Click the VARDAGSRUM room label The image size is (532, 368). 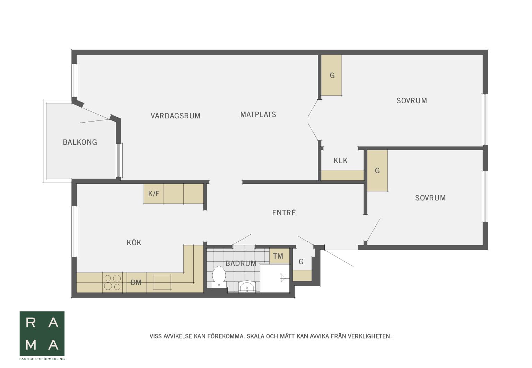(x=175, y=116)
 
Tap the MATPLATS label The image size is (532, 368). (x=258, y=115)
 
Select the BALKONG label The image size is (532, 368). (x=80, y=142)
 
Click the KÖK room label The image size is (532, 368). (x=134, y=242)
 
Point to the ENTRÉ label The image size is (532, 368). (x=284, y=213)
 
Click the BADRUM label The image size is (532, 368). (x=241, y=263)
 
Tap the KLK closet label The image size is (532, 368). (x=341, y=161)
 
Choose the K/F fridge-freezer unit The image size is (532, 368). (x=154, y=194)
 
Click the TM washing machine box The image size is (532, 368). (x=280, y=255)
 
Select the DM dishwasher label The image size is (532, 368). (x=136, y=282)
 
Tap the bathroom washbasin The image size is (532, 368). (x=247, y=286)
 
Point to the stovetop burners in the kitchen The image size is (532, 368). (x=113, y=282)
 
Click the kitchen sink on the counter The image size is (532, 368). (x=163, y=282)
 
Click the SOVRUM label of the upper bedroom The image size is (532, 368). (x=412, y=101)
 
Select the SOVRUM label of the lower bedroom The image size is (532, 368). (x=430, y=198)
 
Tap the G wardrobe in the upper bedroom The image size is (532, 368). (x=332, y=75)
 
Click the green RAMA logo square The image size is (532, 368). (x=42, y=334)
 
